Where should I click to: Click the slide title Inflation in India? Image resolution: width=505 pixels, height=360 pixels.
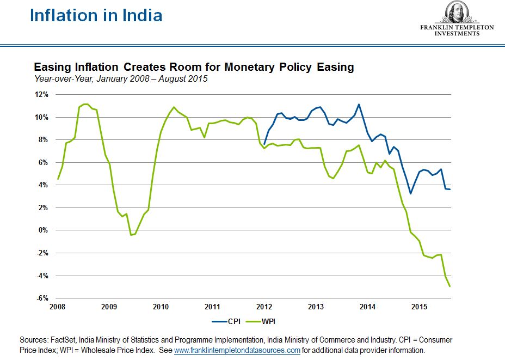coord(96,15)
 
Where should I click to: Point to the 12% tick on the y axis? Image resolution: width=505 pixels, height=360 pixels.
coord(42,95)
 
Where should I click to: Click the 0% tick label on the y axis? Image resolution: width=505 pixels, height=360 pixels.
coord(44,230)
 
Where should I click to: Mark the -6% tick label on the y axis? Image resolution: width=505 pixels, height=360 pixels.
coord(42,298)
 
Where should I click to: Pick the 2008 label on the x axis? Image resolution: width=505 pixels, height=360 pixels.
coord(58,308)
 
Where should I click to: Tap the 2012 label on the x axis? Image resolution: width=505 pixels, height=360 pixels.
coord(264,308)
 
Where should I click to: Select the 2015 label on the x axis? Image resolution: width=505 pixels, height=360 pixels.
coord(420,308)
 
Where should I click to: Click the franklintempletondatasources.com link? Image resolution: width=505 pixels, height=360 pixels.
coord(237,350)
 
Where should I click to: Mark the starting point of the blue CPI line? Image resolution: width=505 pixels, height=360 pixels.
coord(264,144)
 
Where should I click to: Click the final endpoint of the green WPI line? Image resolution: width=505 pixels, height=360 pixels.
coord(450,286)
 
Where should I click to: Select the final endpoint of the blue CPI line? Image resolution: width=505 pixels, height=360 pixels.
coord(450,190)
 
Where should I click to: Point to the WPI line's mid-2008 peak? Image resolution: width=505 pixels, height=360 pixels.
coord(84,104)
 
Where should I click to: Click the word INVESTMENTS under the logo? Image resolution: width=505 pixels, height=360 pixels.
coord(457,33)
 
